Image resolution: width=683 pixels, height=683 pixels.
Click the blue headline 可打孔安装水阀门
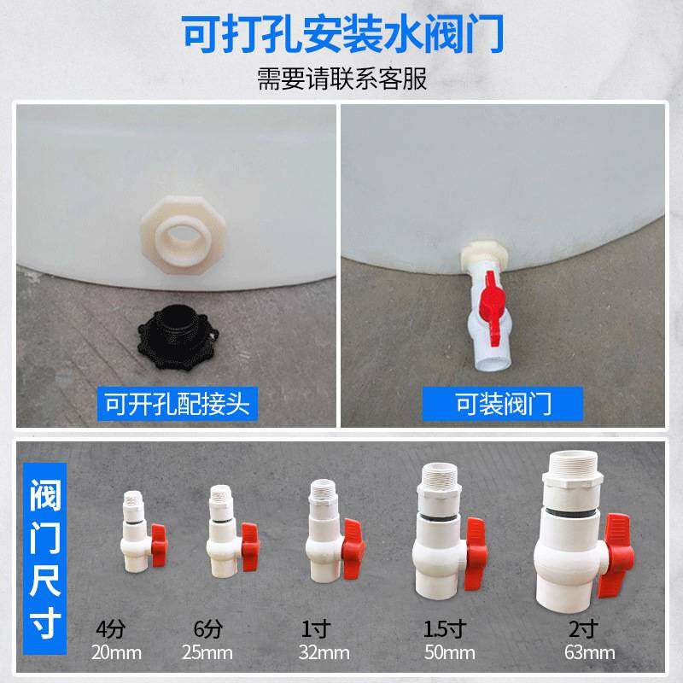click(341, 36)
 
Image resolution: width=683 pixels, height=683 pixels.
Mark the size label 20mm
click(118, 654)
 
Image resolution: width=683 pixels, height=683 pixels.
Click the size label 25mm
click(207, 654)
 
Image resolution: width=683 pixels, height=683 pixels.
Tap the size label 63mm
click(589, 654)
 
